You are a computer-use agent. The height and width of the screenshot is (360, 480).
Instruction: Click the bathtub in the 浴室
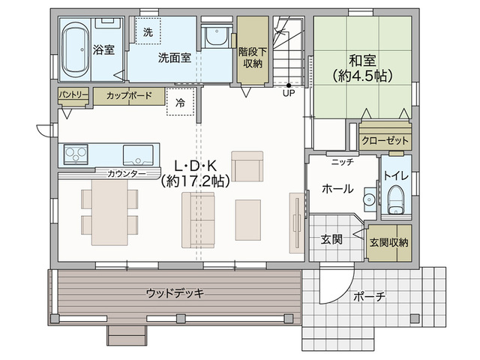[x=75, y=49]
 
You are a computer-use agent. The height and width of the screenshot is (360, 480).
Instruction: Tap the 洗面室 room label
[x=175, y=58]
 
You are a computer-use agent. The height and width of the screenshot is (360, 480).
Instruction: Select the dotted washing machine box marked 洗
[x=148, y=31]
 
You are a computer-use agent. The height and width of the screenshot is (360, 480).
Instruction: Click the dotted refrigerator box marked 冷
[x=180, y=102]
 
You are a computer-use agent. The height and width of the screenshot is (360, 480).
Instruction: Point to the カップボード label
[x=129, y=95]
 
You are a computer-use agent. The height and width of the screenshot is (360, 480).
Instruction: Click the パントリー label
[x=73, y=94]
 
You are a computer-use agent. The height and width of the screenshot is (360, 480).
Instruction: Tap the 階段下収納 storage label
[x=253, y=58]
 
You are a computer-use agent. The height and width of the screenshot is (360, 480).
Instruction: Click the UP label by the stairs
[x=289, y=93]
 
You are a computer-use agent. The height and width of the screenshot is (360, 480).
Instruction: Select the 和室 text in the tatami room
[x=362, y=60]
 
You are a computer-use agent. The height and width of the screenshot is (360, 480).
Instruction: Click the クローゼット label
[x=385, y=141]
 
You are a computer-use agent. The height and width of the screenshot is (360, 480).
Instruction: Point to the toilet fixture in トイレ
[x=396, y=199]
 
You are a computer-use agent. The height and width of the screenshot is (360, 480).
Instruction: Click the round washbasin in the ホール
[x=370, y=200]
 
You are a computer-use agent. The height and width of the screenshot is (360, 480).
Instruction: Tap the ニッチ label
[x=343, y=162]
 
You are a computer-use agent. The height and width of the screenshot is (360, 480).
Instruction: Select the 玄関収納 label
[x=388, y=243]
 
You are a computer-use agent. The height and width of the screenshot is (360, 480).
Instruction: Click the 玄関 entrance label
[x=331, y=239]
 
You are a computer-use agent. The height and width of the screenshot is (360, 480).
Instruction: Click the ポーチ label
[x=369, y=296]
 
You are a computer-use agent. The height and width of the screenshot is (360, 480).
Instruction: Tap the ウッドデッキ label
[x=175, y=293]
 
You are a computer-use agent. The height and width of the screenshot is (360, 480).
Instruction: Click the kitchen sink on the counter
[x=138, y=155]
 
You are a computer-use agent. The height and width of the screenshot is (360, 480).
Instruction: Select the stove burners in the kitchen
[x=76, y=154]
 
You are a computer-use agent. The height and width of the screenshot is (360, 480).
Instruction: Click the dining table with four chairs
[x=109, y=212]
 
